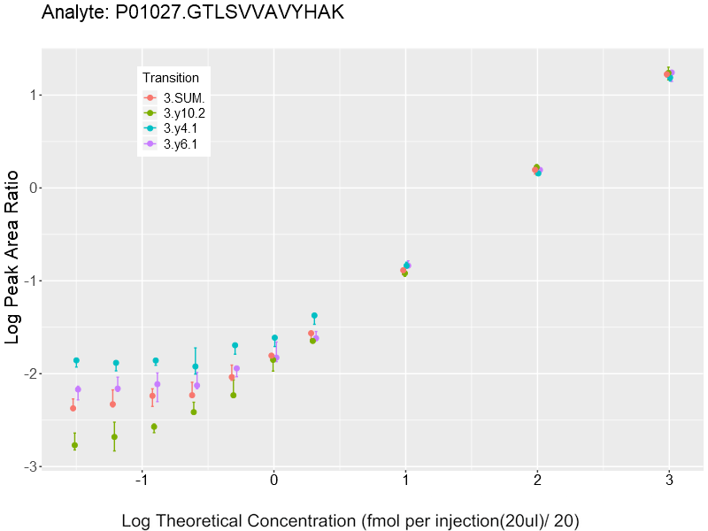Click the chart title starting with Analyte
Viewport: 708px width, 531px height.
193,13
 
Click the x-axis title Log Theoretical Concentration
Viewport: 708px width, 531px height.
350,520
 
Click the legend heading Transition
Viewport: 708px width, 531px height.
176,78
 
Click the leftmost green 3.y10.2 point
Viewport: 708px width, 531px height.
74,445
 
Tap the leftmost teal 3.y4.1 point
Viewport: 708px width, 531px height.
76,360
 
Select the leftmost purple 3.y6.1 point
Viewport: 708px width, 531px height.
78,389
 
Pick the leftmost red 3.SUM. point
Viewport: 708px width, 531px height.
73,408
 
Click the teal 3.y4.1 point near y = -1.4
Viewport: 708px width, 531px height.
314,315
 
